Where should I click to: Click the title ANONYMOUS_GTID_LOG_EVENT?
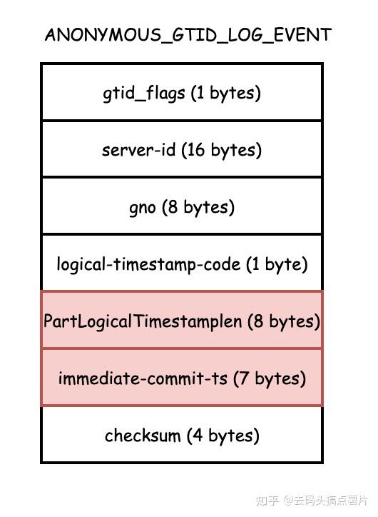(188, 35)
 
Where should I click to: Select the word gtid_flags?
(144, 93)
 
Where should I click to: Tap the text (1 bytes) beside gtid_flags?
(226, 93)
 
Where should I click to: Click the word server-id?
(138, 150)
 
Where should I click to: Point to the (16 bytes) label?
(222, 150)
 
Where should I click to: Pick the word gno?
(142, 208)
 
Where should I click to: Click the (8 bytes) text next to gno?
(198, 207)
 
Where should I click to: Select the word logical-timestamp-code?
(148, 264)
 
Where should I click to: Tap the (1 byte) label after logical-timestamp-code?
(277, 264)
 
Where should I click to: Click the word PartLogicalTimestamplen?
(143, 321)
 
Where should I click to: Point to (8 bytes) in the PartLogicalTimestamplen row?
(284, 321)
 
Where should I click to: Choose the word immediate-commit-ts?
(143, 378)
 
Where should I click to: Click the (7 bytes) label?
(270, 378)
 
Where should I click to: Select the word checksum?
(143, 435)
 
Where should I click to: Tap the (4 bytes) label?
(223, 435)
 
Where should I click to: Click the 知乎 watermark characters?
(267, 501)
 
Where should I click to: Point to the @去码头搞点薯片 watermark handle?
(325, 501)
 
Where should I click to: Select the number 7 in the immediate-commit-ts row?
(245, 378)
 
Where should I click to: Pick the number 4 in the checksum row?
(198, 435)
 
